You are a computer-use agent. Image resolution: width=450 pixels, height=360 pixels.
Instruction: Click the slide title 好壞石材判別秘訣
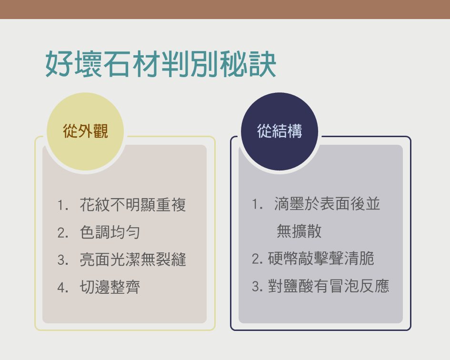161,64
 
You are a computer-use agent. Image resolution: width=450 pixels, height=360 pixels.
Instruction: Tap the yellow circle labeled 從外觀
85,131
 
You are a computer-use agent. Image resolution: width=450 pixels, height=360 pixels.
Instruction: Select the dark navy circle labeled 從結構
280,131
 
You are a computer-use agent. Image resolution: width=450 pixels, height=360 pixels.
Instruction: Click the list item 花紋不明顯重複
133,205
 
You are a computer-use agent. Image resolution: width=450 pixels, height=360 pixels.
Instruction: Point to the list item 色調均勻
110,232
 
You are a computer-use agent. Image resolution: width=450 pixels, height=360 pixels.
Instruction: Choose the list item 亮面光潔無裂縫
133,260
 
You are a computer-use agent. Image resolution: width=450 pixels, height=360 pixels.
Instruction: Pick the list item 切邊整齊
110,287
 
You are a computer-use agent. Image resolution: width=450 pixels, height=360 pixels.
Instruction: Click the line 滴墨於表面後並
327,204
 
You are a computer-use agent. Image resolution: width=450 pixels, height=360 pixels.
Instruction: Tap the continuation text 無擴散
299,231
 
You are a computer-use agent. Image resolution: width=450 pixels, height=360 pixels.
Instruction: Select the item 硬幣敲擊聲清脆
321,259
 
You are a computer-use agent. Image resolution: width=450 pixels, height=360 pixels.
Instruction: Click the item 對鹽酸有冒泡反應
329,286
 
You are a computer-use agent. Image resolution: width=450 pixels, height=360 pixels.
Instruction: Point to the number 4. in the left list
63,287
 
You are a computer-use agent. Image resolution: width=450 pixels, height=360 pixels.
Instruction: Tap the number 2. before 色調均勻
63,232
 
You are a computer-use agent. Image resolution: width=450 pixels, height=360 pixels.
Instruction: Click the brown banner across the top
225,10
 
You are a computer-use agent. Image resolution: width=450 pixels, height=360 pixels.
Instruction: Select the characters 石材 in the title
131,64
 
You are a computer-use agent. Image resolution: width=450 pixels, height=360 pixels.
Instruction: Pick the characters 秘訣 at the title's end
248,64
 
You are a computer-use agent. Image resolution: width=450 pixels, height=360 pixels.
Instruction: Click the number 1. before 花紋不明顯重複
63,205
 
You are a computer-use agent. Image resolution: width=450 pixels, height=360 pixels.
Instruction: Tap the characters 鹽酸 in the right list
298,286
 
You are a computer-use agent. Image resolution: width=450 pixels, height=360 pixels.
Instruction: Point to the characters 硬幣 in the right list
283,259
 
